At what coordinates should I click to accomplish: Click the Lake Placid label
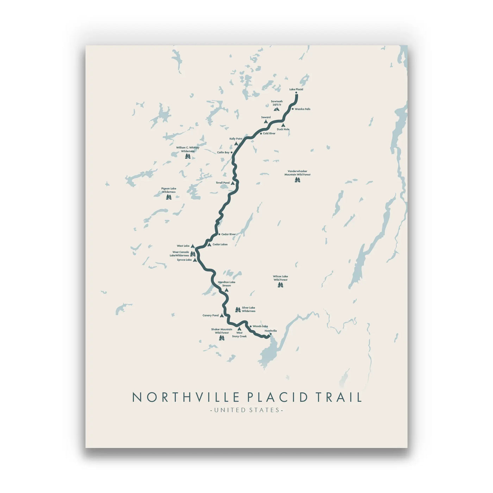[296, 89]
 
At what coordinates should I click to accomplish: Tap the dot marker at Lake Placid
[296, 93]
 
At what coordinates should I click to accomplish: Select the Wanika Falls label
[302, 109]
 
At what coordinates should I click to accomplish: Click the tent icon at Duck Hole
[283, 125]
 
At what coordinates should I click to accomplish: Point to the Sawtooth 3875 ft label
[277, 103]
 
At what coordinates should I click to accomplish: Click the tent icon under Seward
[266, 121]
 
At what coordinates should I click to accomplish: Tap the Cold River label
[269, 133]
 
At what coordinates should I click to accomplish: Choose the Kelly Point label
[236, 139]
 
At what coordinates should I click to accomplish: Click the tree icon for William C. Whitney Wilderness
[188, 156]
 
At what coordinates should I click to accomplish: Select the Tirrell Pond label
[223, 183]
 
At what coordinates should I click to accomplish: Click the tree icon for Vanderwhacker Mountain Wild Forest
[298, 180]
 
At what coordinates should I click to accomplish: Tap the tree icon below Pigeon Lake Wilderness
[169, 197]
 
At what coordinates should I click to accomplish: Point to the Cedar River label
[229, 234]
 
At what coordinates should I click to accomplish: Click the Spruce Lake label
[184, 260]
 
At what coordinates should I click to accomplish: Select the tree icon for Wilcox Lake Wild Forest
[280, 285]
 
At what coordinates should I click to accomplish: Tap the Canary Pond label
[211, 316]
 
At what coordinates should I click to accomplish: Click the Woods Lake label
[260, 326]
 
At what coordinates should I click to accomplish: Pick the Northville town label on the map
[271, 331]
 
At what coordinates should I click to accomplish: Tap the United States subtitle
[246, 410]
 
